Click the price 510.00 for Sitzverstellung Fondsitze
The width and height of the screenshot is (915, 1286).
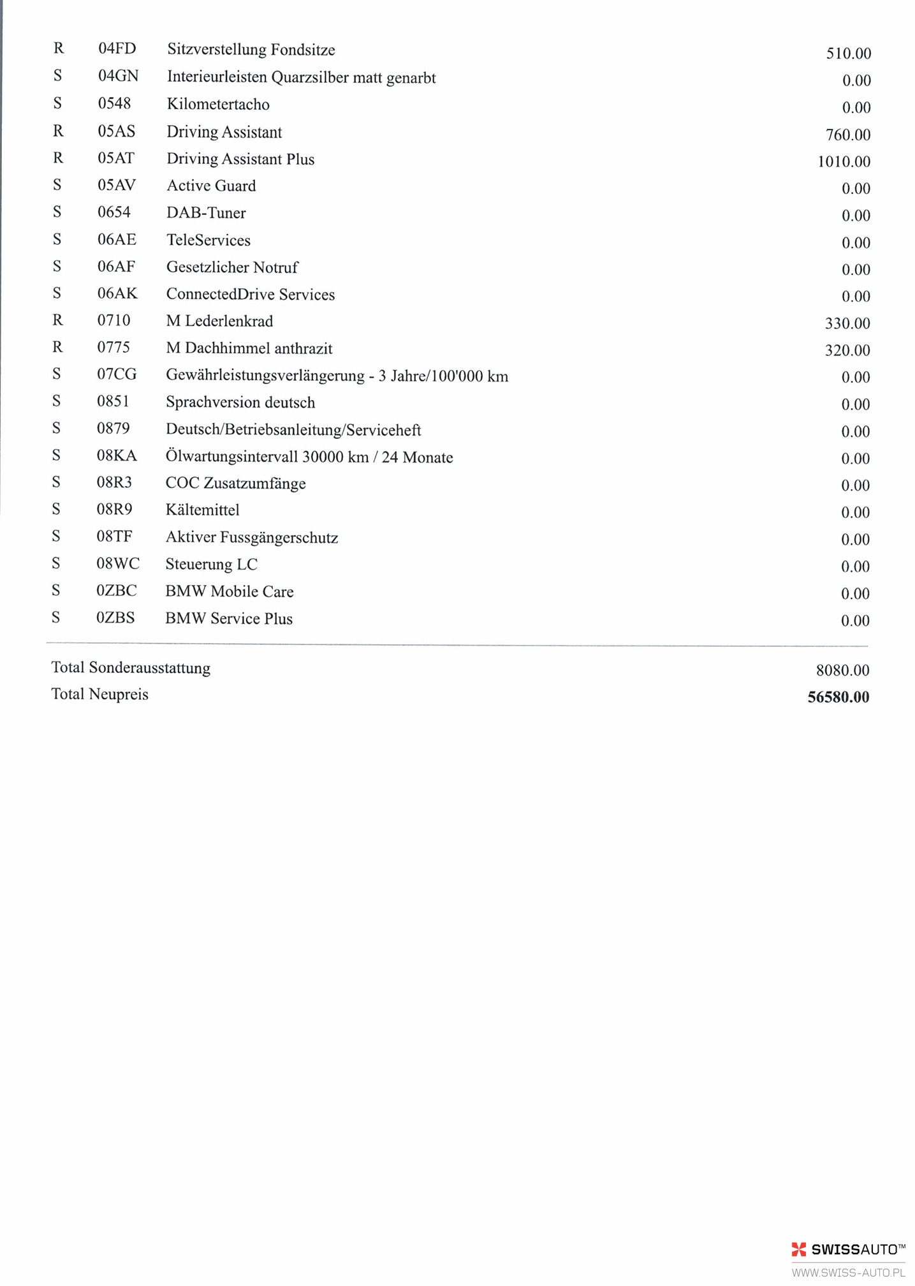point(848,54)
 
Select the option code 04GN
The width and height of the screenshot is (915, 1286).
point(118,77)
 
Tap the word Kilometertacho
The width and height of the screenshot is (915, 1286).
point(218,105)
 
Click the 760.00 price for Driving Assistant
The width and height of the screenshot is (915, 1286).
point(847,135)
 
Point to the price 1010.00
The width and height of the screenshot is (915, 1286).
point(844,161)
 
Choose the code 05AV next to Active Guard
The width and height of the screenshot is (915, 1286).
point(117,186)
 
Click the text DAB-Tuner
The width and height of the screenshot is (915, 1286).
point(206,213)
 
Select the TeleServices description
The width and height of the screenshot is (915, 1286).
point(209,240)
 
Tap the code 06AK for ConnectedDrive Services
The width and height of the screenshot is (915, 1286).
point(117,293)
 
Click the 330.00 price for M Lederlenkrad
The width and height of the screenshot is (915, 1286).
point(847,323)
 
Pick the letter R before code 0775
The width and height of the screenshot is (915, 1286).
point(57,347)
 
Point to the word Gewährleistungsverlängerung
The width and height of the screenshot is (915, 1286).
point(265,376)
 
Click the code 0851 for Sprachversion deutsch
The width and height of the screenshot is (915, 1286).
point(113,401)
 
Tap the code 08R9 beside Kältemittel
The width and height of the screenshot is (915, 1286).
point(115,509)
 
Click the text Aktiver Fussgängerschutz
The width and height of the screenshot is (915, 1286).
point(252,538)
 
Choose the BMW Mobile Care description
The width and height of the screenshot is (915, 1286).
point(230,591)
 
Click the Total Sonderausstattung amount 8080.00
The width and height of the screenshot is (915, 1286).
point(842,670)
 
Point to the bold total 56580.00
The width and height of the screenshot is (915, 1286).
point(838,697)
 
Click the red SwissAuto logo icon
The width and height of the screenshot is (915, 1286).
point(799,1249)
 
